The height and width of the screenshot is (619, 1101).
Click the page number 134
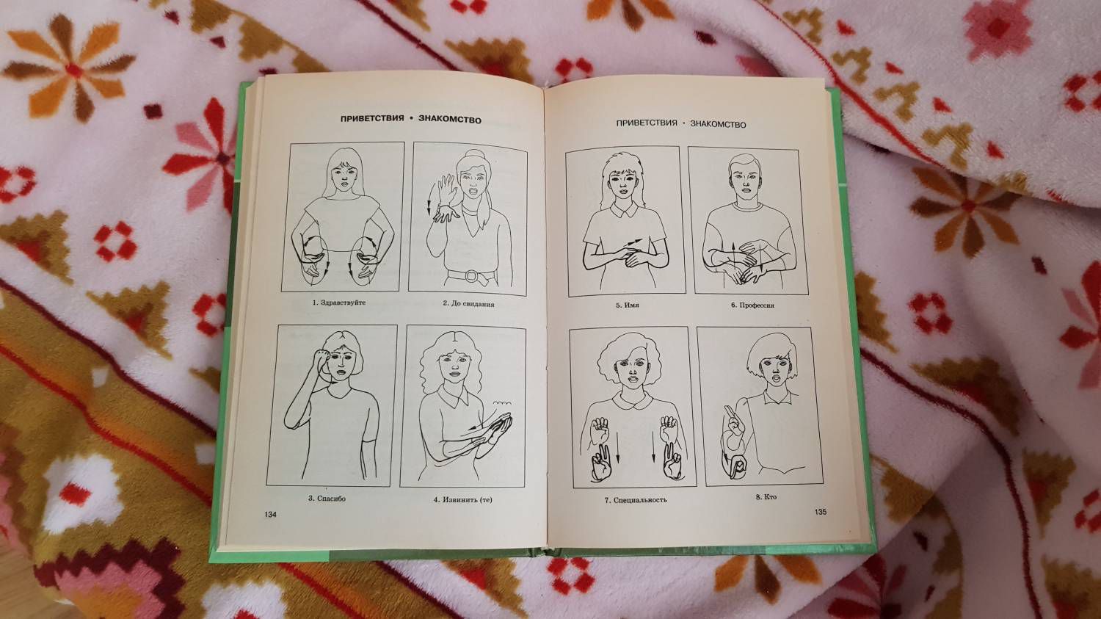(270, 514)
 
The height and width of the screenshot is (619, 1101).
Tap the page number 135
(821, 512)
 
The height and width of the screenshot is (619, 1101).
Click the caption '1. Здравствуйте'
(339, 303)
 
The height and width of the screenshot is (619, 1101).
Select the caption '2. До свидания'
(468, 304)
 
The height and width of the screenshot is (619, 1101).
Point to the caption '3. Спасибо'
(327, 498)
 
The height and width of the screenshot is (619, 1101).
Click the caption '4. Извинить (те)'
(462, 500)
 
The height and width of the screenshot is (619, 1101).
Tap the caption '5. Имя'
(628, 305)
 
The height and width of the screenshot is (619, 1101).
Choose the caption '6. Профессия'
(752, 305)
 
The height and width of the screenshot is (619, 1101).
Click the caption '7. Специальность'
(636, 500)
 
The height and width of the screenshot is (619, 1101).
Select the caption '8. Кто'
(766, 497)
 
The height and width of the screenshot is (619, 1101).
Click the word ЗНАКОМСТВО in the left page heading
(450, 120)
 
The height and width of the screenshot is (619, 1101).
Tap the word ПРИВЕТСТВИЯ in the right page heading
(647, 123)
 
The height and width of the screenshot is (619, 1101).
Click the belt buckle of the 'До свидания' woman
(471, 276)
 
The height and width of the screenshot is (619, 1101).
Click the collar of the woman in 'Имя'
(623, 211)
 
